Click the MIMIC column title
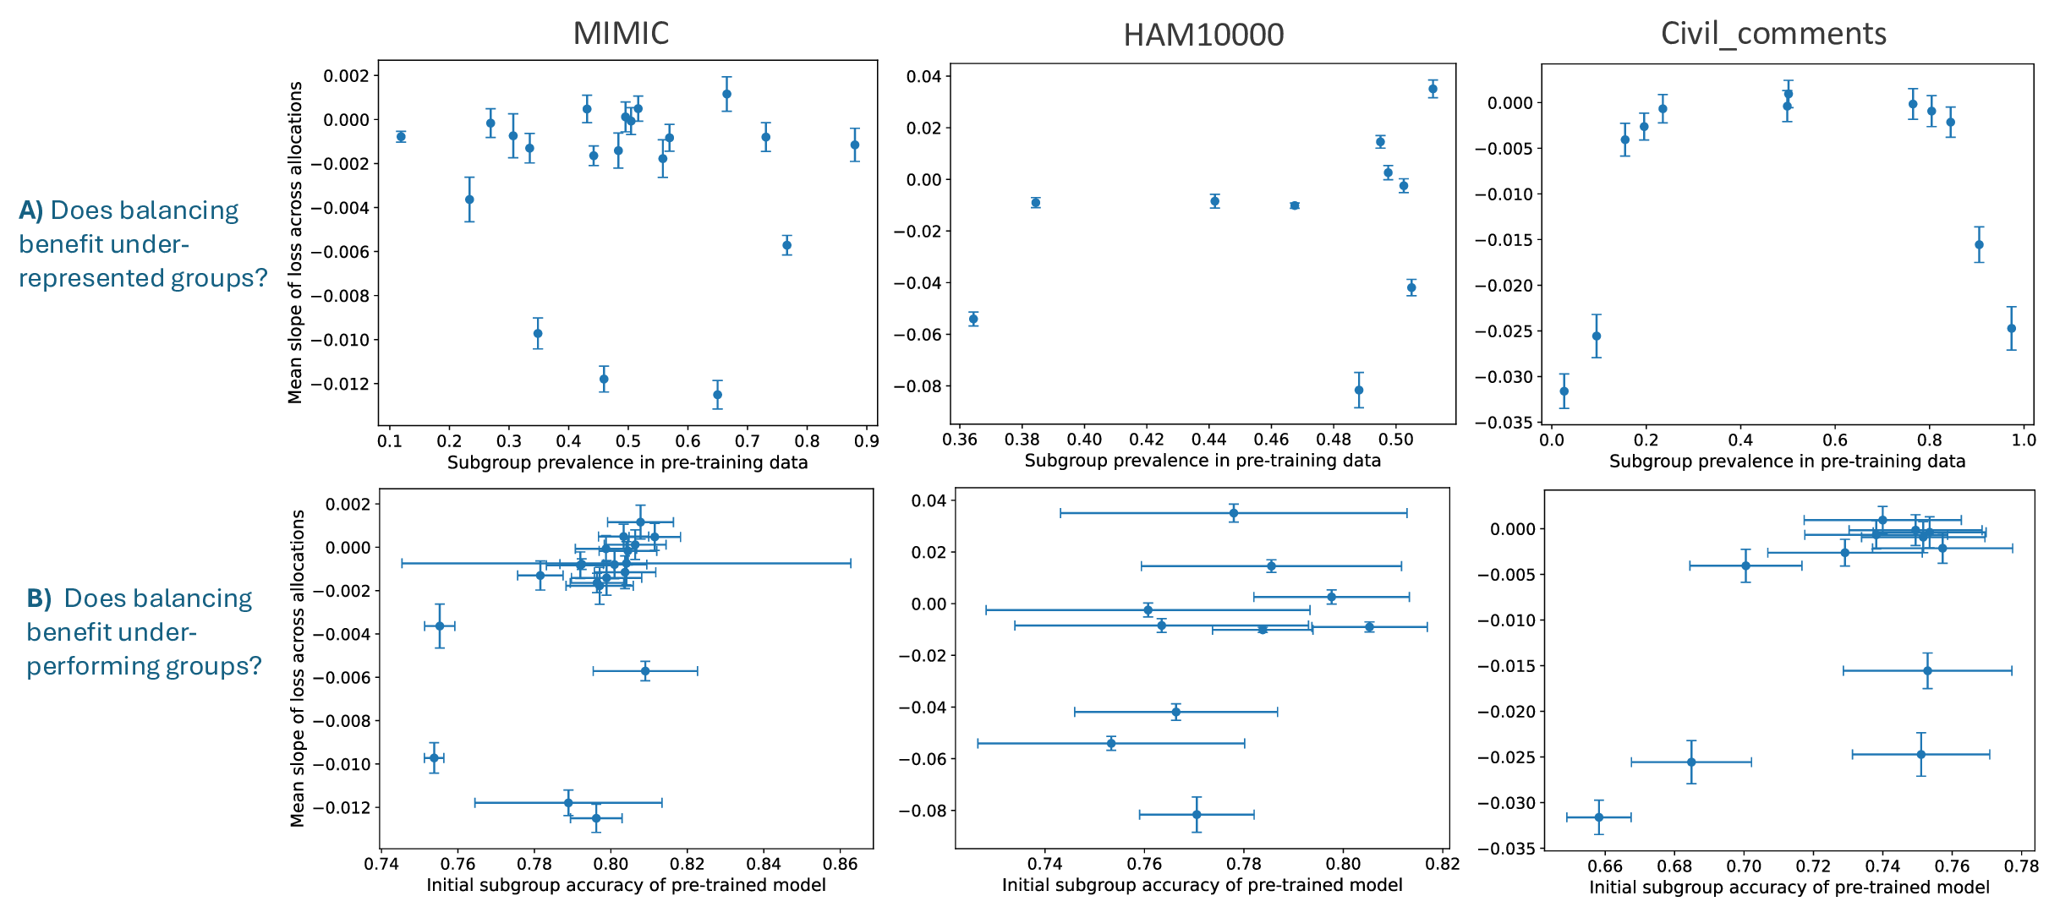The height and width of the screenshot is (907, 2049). pyautogui.click(x=621, y=33)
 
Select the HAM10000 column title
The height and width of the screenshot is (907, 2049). pyautogui.click(x=1203, y=35)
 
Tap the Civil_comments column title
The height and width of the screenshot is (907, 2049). pyautogui.click(x=1773, y=33)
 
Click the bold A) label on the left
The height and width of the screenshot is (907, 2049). pyautogui.click(x=30, y=210)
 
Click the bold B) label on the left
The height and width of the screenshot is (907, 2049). pyautogui.click(x=39, y=598)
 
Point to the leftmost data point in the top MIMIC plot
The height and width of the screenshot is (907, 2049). pyautogui.click(x=401, y=136)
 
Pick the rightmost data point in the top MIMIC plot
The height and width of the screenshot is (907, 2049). pyautogui.click(x=855, y=145)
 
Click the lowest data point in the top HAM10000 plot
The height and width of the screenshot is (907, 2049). pyautogui.click(x=1359, y=390)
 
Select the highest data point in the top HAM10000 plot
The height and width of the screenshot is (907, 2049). pyautogui.click(x=1433, y=89)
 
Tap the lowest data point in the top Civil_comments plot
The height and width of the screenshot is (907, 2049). pyautogui.click(x=1564, y=391)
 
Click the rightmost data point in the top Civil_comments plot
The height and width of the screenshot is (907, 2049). pyautogui.click(x=2012, y=328)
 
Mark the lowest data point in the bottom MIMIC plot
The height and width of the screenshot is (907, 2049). pyautogui.click(x=596, y=817)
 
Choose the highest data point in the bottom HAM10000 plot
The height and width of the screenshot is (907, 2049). pyautogui.click(x=1234, y=513)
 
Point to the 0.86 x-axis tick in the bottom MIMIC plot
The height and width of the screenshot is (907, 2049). pyautogui.click(x=841, y=864)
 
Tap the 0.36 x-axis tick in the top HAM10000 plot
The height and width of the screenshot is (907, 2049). pyautogui.click(x=959, y=440)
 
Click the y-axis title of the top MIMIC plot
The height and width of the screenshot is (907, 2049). pyautogui.click(x=295, y=243)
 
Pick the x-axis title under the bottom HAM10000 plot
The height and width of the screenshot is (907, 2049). pyautogui.click(x=1202, y=885)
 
